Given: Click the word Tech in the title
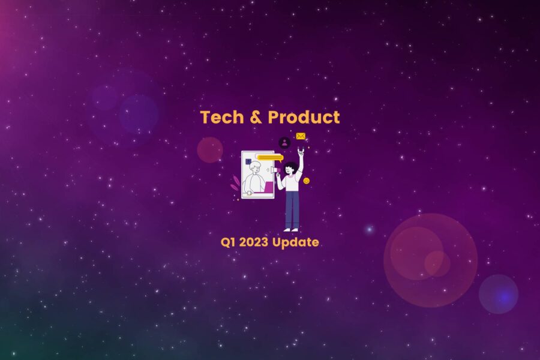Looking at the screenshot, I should coord(222,117).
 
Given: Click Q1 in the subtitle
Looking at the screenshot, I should coord(227,242).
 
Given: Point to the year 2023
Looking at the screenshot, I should coord(253,242).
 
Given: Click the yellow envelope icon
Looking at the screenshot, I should coord(301,136).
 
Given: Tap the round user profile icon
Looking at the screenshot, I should coord(284,143).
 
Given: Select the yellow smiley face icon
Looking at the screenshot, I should coord(306,181).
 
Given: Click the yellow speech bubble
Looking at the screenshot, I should coord(269,157).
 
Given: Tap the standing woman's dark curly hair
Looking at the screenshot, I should coord(291,165).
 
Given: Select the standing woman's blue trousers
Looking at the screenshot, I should coord(292,208).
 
